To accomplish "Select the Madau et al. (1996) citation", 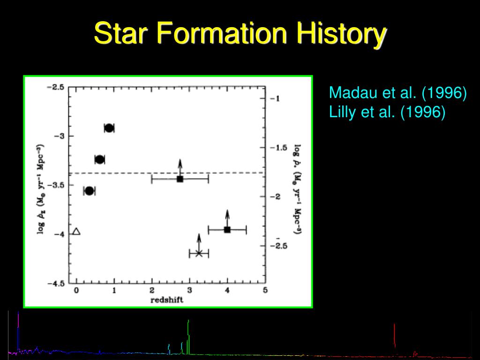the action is [397, 92].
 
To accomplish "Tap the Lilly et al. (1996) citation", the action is [387, 112].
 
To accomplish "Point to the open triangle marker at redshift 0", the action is [76, 232].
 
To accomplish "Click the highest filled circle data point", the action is [109, 128].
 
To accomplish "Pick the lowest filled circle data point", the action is [89, 191].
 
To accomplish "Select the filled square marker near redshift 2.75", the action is [180, 179].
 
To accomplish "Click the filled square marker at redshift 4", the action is [227, 230].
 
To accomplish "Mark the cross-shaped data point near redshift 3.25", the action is [199, 253].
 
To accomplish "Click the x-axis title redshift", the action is [167, 300].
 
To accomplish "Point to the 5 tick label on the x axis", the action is [265, 290].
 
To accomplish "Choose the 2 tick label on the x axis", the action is [152, 290].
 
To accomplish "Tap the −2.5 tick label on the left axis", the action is [55, 88].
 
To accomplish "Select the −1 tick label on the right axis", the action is [275, 98].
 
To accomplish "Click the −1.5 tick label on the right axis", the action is [278, 148].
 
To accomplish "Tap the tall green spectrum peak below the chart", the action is [188, 337].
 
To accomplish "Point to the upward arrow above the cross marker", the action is [199, 242].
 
